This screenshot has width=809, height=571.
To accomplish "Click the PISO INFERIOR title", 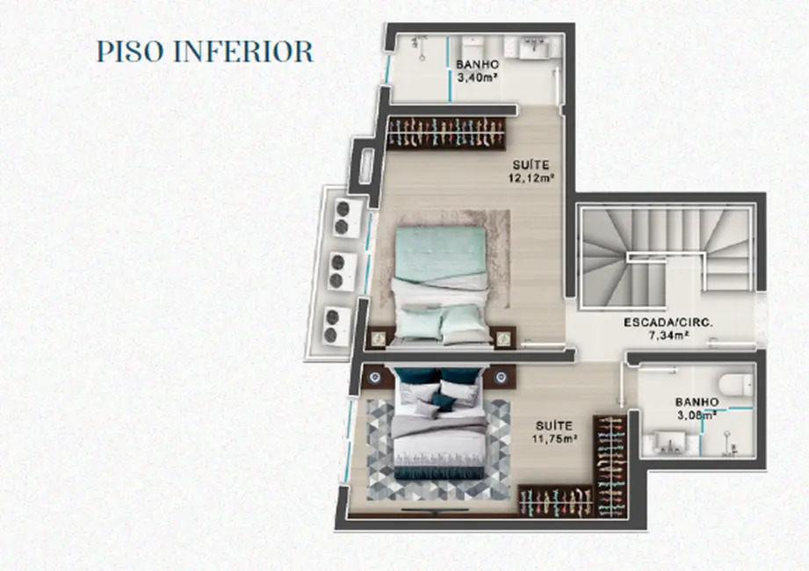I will click(205, 52).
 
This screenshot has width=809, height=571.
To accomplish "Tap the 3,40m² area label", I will click(477, 77).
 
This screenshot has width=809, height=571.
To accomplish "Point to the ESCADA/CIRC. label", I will click(668, 322).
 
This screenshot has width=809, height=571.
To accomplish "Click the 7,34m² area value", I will click(668, 335).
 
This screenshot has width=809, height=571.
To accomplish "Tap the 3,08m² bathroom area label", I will click(697, 415).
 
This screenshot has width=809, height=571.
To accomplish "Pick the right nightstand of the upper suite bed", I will click(503, 336).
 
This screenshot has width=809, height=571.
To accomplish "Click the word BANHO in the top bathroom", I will click(477, 64).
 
